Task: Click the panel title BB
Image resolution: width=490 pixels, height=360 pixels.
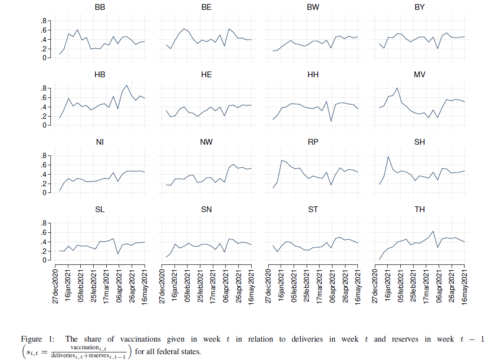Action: (100, 7)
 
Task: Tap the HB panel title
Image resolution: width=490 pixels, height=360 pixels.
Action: (100, 75)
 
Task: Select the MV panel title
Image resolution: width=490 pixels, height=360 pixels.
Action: (419, 75)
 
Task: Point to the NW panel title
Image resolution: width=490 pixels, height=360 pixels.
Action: (206, 142)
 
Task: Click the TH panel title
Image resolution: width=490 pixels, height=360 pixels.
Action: (419, 209)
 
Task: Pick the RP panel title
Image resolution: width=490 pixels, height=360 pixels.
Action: (313, 142)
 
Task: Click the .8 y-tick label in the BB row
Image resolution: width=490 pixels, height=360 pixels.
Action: (43, 21)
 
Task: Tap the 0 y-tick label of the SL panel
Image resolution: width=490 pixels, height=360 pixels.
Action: (44, 260)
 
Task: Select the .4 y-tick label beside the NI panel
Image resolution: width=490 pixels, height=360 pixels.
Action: (43, 174)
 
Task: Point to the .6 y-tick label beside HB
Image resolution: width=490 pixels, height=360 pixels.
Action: (43, 97)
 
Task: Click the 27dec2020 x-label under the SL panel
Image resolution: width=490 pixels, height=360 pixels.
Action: (55, 286)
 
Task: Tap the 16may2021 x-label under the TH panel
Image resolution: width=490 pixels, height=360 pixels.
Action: (465, 287)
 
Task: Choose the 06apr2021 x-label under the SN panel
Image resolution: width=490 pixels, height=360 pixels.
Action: (226, 286)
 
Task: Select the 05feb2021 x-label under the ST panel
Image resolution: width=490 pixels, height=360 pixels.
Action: (294, 286)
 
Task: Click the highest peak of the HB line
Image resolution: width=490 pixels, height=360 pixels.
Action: (127, 85)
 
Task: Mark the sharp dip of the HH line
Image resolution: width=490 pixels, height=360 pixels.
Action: (331, 121)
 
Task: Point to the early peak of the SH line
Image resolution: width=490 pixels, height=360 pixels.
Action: (388, 157)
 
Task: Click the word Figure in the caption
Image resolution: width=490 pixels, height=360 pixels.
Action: (31, 339)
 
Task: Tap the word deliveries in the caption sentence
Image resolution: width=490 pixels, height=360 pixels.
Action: (307, 339)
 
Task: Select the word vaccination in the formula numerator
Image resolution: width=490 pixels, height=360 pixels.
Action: (84, 347)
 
